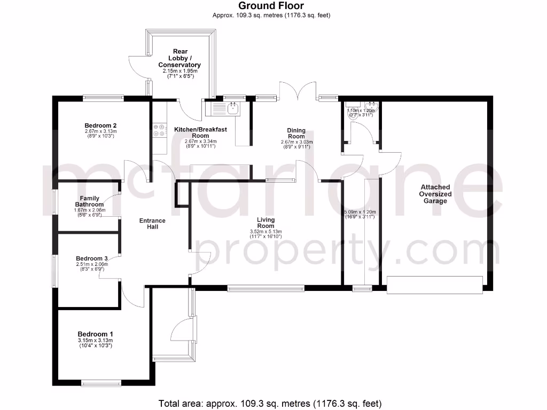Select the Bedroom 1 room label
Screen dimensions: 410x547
click(95, 334)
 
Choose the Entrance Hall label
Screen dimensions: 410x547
click(152, 224)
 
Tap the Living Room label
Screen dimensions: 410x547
click(265, 223)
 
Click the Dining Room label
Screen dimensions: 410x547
click(296, 133)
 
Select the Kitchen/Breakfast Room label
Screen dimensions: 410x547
click(192, 132)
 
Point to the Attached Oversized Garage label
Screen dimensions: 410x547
click(435, 194)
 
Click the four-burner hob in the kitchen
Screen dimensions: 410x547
click(159, 131)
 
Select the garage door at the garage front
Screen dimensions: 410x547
click(434, 284)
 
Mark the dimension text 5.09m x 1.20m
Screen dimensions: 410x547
click(361, 212)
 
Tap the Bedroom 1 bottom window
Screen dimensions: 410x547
click(101, 382)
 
